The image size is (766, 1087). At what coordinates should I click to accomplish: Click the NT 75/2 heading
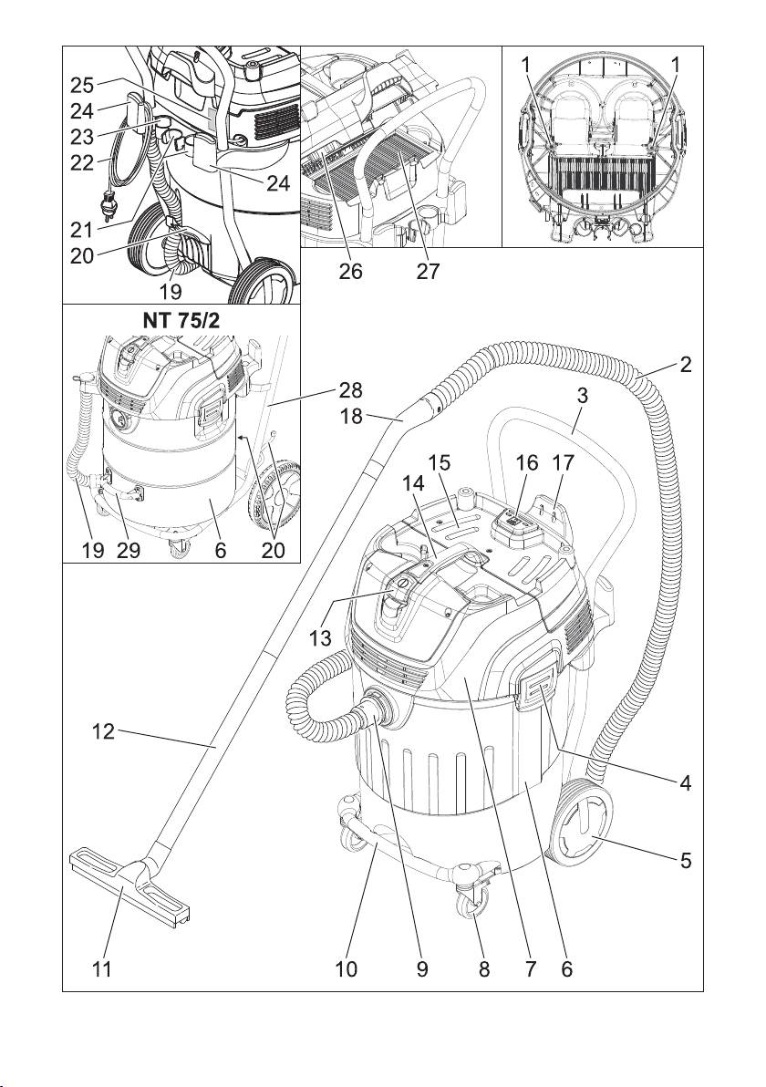pos(180,321)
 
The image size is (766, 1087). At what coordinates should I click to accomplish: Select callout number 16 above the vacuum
pos(527,462)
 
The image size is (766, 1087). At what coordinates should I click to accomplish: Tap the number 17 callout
pos(566,462)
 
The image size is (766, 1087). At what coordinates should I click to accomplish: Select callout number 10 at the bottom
pos(346,970)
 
